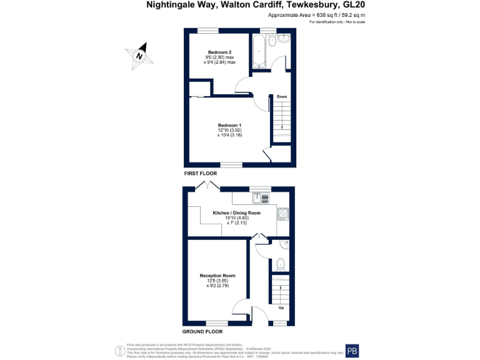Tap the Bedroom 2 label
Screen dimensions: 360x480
[x=219, y=51]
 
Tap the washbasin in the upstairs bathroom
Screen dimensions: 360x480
[x=286, y=38]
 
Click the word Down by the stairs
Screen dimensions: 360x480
[x=282, y=96]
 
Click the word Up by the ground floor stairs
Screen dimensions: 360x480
[x=281, y=308]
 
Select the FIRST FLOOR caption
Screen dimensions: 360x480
[x=200, y=172]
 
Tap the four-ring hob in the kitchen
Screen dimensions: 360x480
[x=282, y=214]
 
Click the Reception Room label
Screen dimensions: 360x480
[x=217, y=275]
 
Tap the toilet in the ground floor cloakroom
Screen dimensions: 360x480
[x=281, y=263]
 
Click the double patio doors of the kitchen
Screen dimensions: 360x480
[x=207, y=186]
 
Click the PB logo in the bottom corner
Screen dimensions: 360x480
[x=352, y=351]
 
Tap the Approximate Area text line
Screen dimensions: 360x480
[x=316, y=14]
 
